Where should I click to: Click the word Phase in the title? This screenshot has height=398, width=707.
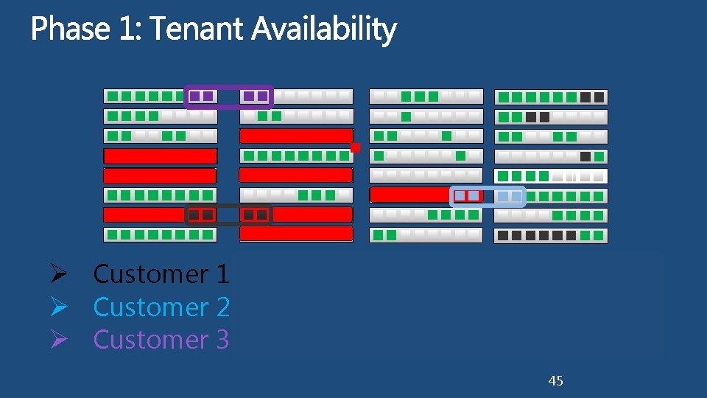(x=70, y=30)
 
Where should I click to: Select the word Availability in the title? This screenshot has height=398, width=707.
(x=324, y=30)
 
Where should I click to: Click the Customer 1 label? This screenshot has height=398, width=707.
(x=161, y=274)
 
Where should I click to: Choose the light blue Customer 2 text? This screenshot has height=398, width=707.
(x=161, y=307)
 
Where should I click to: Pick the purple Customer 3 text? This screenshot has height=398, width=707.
(x=161, y=340)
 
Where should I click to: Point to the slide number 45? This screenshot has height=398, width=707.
(x=556, y=380)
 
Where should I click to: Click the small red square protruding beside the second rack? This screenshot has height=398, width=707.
(x=355, y=147)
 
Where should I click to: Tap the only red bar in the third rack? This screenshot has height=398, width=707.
(x=409, y=195)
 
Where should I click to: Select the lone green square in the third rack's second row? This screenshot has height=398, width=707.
(x=406, y=116)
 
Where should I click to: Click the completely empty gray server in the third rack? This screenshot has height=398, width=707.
(x=426, y=175)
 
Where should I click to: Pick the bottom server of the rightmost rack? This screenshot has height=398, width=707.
(x=551, y=235)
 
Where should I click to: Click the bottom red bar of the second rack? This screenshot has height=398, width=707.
(x=296, y=234)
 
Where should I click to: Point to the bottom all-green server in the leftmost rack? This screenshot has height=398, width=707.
(x=161, y=234)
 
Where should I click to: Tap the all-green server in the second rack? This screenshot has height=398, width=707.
(x=296, y=156)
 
